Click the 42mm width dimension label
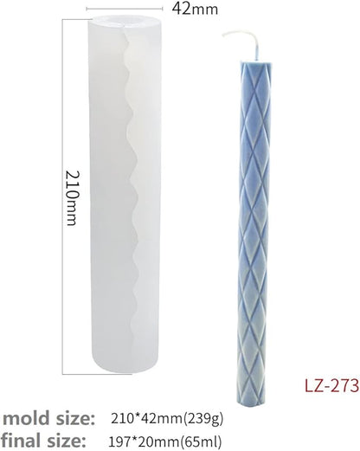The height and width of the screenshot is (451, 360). point(195,10)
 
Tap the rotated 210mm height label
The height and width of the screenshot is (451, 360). point(73,198)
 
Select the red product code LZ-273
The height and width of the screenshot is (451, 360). point(331,385)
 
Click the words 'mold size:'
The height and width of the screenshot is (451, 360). point(48,419)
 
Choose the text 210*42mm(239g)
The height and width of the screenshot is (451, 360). point(167,419)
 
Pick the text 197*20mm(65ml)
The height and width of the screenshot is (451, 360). point(165,441)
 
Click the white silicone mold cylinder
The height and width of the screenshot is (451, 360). point(125,194)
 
